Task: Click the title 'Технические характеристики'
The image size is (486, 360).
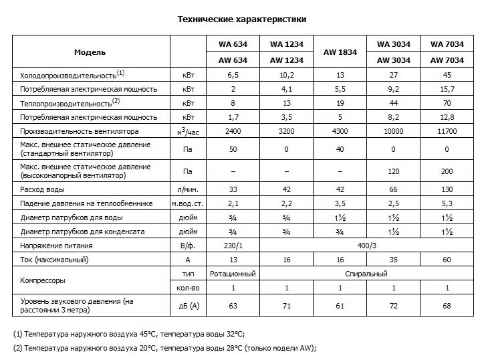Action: (x=242, y=20)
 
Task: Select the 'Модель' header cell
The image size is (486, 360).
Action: (x=90, y=52)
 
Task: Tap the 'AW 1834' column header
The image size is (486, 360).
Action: (x=340, y=52)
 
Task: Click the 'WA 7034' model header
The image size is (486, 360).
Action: (x=447, y=44)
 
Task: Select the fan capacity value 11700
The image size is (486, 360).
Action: (x=447, y=131)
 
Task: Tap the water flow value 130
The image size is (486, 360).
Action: (x=447, y=189)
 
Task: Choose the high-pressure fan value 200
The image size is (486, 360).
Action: (x=447, y=171)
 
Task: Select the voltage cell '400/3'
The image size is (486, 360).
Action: (x=366, y=246)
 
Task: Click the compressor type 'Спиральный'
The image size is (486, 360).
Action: (x=366, y=274)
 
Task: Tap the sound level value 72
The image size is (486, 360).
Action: (x=393, y=306)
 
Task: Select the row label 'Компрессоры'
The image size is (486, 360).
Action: (x=44, y=281)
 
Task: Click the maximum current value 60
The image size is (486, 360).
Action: (x=447, y=260)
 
